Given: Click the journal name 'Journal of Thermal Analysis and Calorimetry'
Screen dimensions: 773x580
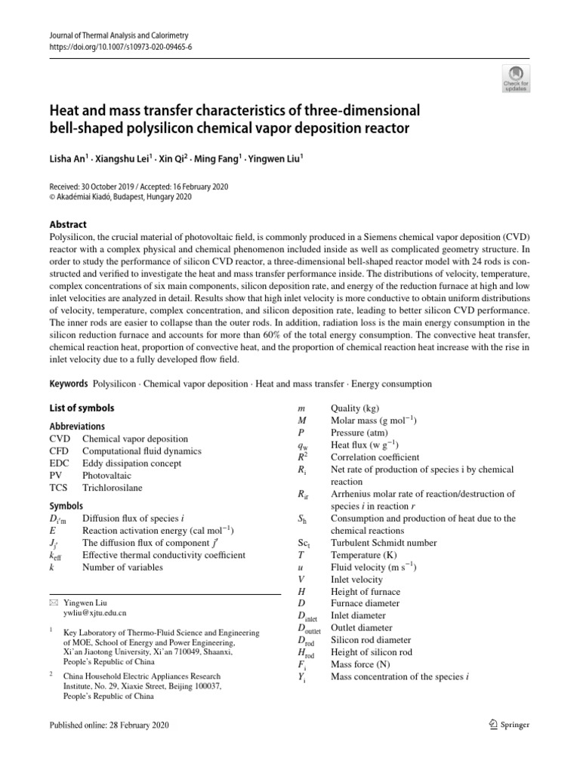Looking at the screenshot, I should tap(118, 35).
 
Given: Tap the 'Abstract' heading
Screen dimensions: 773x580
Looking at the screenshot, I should tap(67, 224).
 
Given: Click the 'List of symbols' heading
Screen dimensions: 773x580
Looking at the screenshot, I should tap(82, 408).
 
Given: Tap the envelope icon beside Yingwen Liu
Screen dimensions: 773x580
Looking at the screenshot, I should tap(53, 603).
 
